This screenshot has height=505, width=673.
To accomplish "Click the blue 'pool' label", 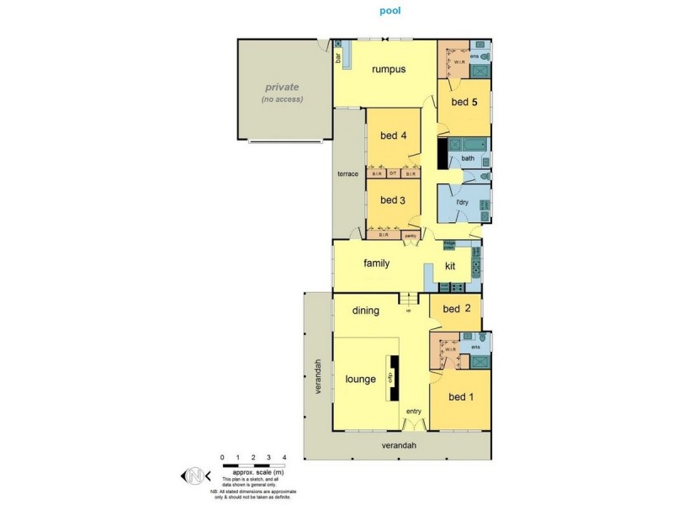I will [x=389, y=13].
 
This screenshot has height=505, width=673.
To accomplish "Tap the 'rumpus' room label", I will [x=389, y=70].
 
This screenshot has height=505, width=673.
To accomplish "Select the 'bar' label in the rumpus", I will [x=339, y=59].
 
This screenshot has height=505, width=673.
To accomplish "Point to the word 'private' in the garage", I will [x=282, y=87].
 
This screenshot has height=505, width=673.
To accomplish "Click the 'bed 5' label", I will [x=464, y=103].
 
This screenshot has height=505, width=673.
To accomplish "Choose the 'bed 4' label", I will [x=393, y=136].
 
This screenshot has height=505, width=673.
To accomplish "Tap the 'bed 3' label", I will [x=393, y=200].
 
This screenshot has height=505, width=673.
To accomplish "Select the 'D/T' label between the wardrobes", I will [x=393, y=174].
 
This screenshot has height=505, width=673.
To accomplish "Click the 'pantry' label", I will [x=411, y=236].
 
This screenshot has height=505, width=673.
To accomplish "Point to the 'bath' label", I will [x=468, y=158].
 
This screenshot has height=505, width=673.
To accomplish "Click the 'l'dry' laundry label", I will [x=462, y=203].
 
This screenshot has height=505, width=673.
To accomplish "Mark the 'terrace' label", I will [x=348, y=173].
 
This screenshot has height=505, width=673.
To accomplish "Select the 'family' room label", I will [x=376, y=263].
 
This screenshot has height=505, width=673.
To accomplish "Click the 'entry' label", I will [x=413, y=411].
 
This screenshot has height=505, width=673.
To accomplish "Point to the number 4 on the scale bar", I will [x=284, y=457].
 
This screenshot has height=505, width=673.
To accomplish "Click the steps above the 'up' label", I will [x=409, y=300].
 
